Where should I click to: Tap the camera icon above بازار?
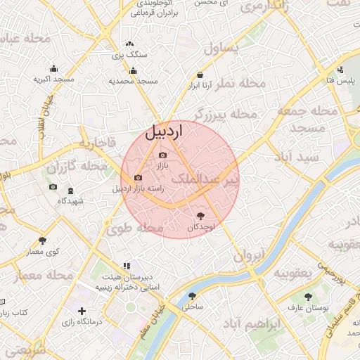tap(163, 155)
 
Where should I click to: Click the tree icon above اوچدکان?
tap(202, 216)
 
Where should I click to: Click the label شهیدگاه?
tap(70, 201)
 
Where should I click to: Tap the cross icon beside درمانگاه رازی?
tap(82, 311)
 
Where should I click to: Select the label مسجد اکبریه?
tap(54, 79)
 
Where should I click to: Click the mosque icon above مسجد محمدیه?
tap(133, 70)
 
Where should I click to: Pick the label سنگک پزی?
tap(130, 54)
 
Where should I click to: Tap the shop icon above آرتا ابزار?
tap(200, 75)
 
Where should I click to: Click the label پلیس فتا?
tap(340, 81)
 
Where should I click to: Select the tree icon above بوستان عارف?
tap(307, 296)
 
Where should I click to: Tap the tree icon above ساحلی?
tap(192, 296)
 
